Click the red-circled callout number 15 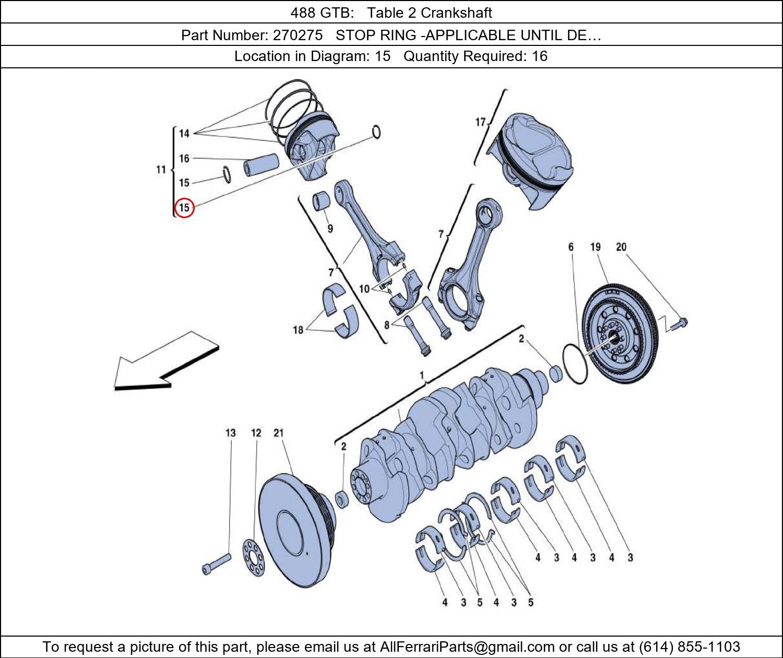[184, 208]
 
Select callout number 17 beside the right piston [480, 123]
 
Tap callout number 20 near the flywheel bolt [621, 247]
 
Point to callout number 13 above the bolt [230, 433]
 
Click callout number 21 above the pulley [278, 433]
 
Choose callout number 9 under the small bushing [330, 228]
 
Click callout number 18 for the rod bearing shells [298, 330]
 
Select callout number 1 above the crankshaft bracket [421, 376]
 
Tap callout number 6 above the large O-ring [571, 247]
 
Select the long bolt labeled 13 [216, 564]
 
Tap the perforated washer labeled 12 [253, 557]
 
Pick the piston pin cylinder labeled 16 [261, 166]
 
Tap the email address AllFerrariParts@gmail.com [467, 647]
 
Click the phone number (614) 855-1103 [689, 647]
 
